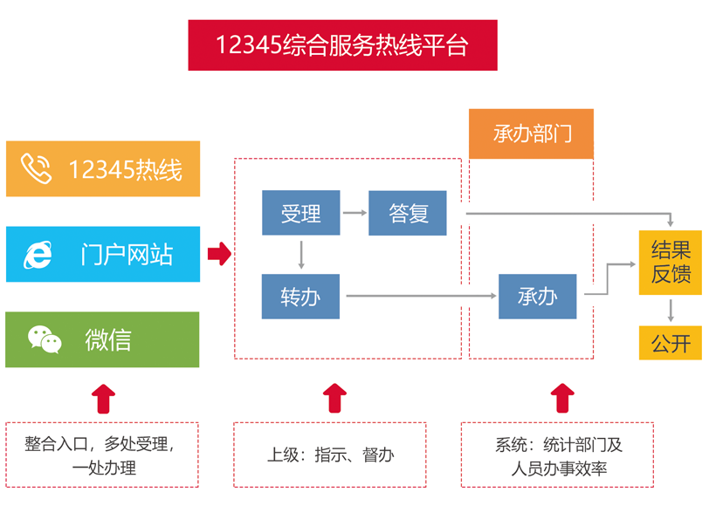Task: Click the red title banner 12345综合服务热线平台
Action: tap(342, 45)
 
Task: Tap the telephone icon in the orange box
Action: tap(37, 168)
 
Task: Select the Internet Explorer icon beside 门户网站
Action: tap(37, 254)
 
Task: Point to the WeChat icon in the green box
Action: tap(44, 339)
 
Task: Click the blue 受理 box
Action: tap(300, 213)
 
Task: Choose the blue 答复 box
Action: tap(408, 213)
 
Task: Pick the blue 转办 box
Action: tap(300, 297)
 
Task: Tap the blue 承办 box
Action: tap(537, 297)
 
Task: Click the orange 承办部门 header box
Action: tap(531, 134)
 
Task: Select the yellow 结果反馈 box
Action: tap(671, 263)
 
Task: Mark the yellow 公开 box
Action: tap(671, 343)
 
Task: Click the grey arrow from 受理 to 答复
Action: tap(354, 212)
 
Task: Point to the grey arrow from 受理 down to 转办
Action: tap(301, 254)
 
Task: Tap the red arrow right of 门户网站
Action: tap(219, 254)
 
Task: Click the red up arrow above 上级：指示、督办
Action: tap(334, 398)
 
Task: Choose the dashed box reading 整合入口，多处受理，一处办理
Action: tap(103, 455)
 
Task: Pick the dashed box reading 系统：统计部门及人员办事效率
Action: tap(559, 455)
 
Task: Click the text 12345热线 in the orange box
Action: tap(126, 169)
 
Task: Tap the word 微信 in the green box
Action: tap(108, 339)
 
